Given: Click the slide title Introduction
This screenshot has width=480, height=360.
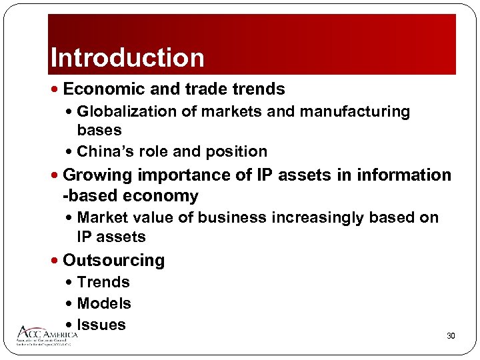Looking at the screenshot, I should coord(127,58).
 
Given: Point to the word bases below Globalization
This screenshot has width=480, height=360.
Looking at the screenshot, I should coord(99,129).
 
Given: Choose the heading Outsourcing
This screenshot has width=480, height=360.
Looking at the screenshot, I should coord(113,260).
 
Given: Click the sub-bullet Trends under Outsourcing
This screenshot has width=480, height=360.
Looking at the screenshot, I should coord(103,282).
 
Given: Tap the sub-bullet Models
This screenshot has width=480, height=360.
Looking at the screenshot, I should coord(104,303).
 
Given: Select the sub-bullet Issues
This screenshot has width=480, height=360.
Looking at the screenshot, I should coord(101,325).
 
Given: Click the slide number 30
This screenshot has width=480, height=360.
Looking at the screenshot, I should coord(451,336).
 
